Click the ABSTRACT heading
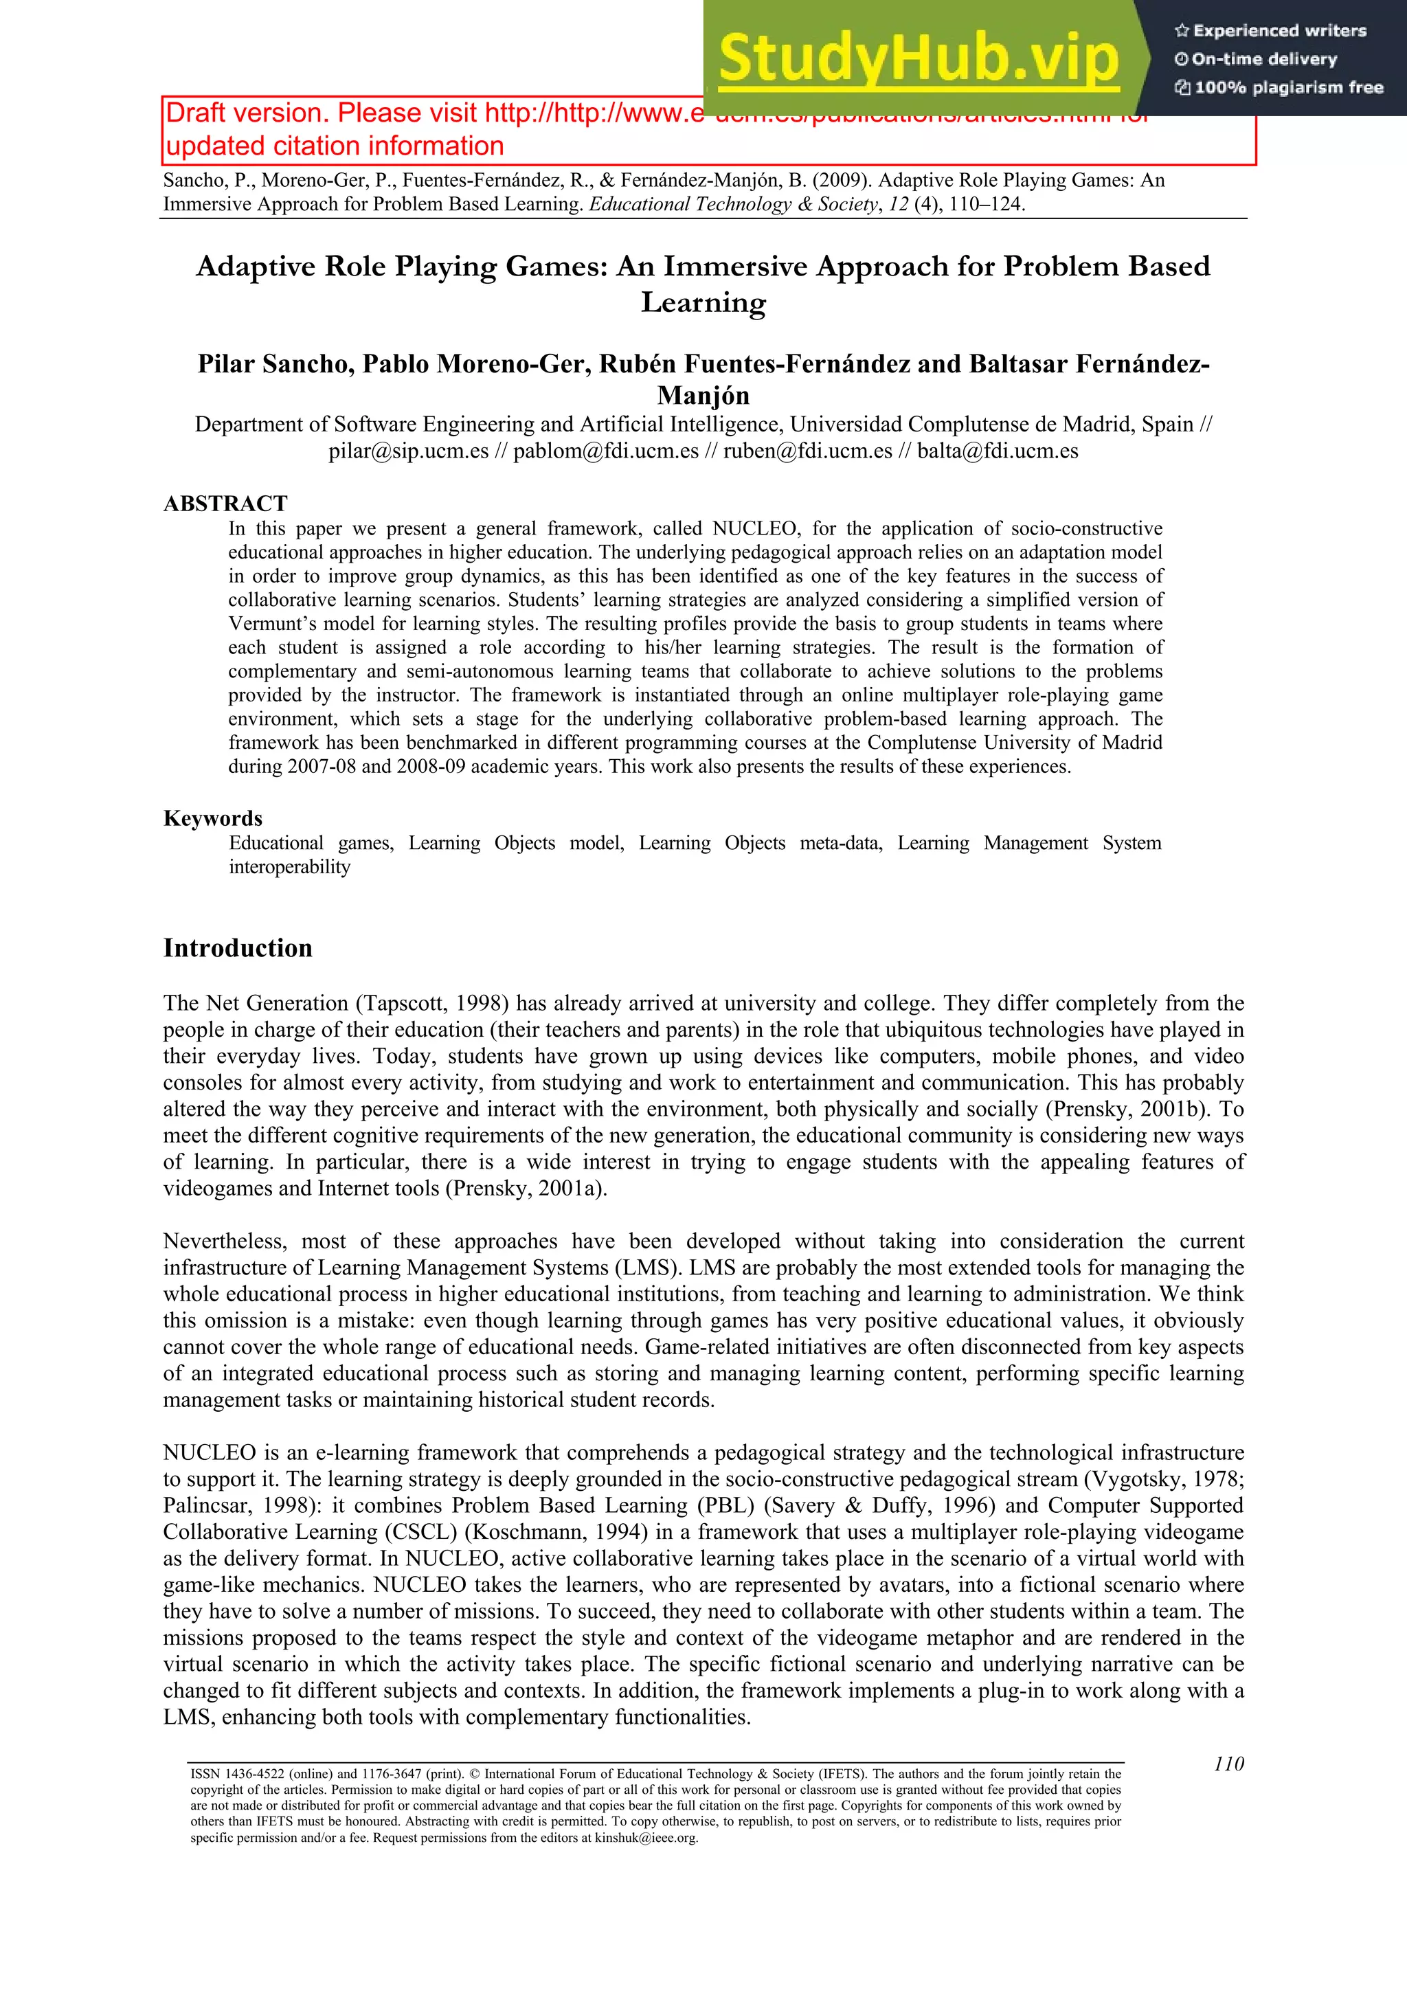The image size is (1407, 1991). coord(225,504)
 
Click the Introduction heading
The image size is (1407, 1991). coord(238,948)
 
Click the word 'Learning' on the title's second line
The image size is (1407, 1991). coord(703,303)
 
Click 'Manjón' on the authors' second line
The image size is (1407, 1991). coord(703,396)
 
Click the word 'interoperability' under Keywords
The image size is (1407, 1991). coord(289,867)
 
